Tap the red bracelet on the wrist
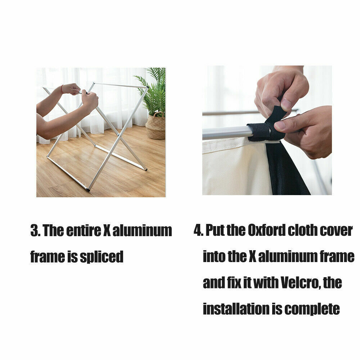[62, 89]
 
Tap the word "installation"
[236, 309]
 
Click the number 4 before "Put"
[198, 230]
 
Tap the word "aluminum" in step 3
[142, 230]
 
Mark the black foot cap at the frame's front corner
[88, 190]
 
